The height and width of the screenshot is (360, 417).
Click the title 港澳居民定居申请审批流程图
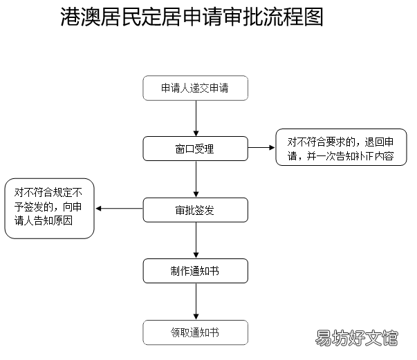pyautogui.click(x=192, y=17)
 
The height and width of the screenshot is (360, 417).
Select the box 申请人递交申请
pyautogui.click(x=196, y=88)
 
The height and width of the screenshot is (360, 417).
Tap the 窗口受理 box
pyautogui.click(x=196, y=149)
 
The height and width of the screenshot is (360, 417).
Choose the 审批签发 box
pyautogui.click(x=196, y=210)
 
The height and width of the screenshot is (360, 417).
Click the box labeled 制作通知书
pyautogui.click(x=196, y=271)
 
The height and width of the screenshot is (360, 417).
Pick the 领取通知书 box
pyautogui.click(x=196, y=332)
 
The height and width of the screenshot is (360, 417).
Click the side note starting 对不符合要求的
pyautogui.click(x=341, y=147)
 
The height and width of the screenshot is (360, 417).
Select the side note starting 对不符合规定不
pyautogui.click(x=50, y=209)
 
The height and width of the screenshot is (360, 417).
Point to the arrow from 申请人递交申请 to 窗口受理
pyautogui.click(x=196, y=118)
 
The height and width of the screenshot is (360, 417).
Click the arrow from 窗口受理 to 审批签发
pyautogui.click(x=196, y=179)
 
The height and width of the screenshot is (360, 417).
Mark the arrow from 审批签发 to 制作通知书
pyautogui.click(x=196, y=240)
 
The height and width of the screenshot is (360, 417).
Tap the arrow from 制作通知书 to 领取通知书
pyautogui.click(x=196, y=301)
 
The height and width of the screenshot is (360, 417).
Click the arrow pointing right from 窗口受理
pyautogui.click(x=261, y=147)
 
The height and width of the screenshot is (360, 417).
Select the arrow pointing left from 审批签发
pyautogui.click(x=119, y=209)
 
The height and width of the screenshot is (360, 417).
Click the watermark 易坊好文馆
pyautogui.click(x=356, y=338)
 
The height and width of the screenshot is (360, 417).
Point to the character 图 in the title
pyautogui.click(x=313, y=17)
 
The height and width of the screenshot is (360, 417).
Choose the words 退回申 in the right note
pyautogui.click(x=379, y=142)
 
